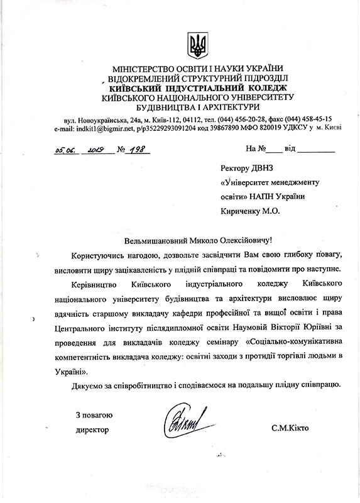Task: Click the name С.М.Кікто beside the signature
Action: point(290,429)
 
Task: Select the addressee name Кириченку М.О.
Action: point(251,211)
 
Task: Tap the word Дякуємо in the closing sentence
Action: point(88,384)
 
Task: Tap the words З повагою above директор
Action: point(94,414)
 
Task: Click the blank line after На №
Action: point(274,152)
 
